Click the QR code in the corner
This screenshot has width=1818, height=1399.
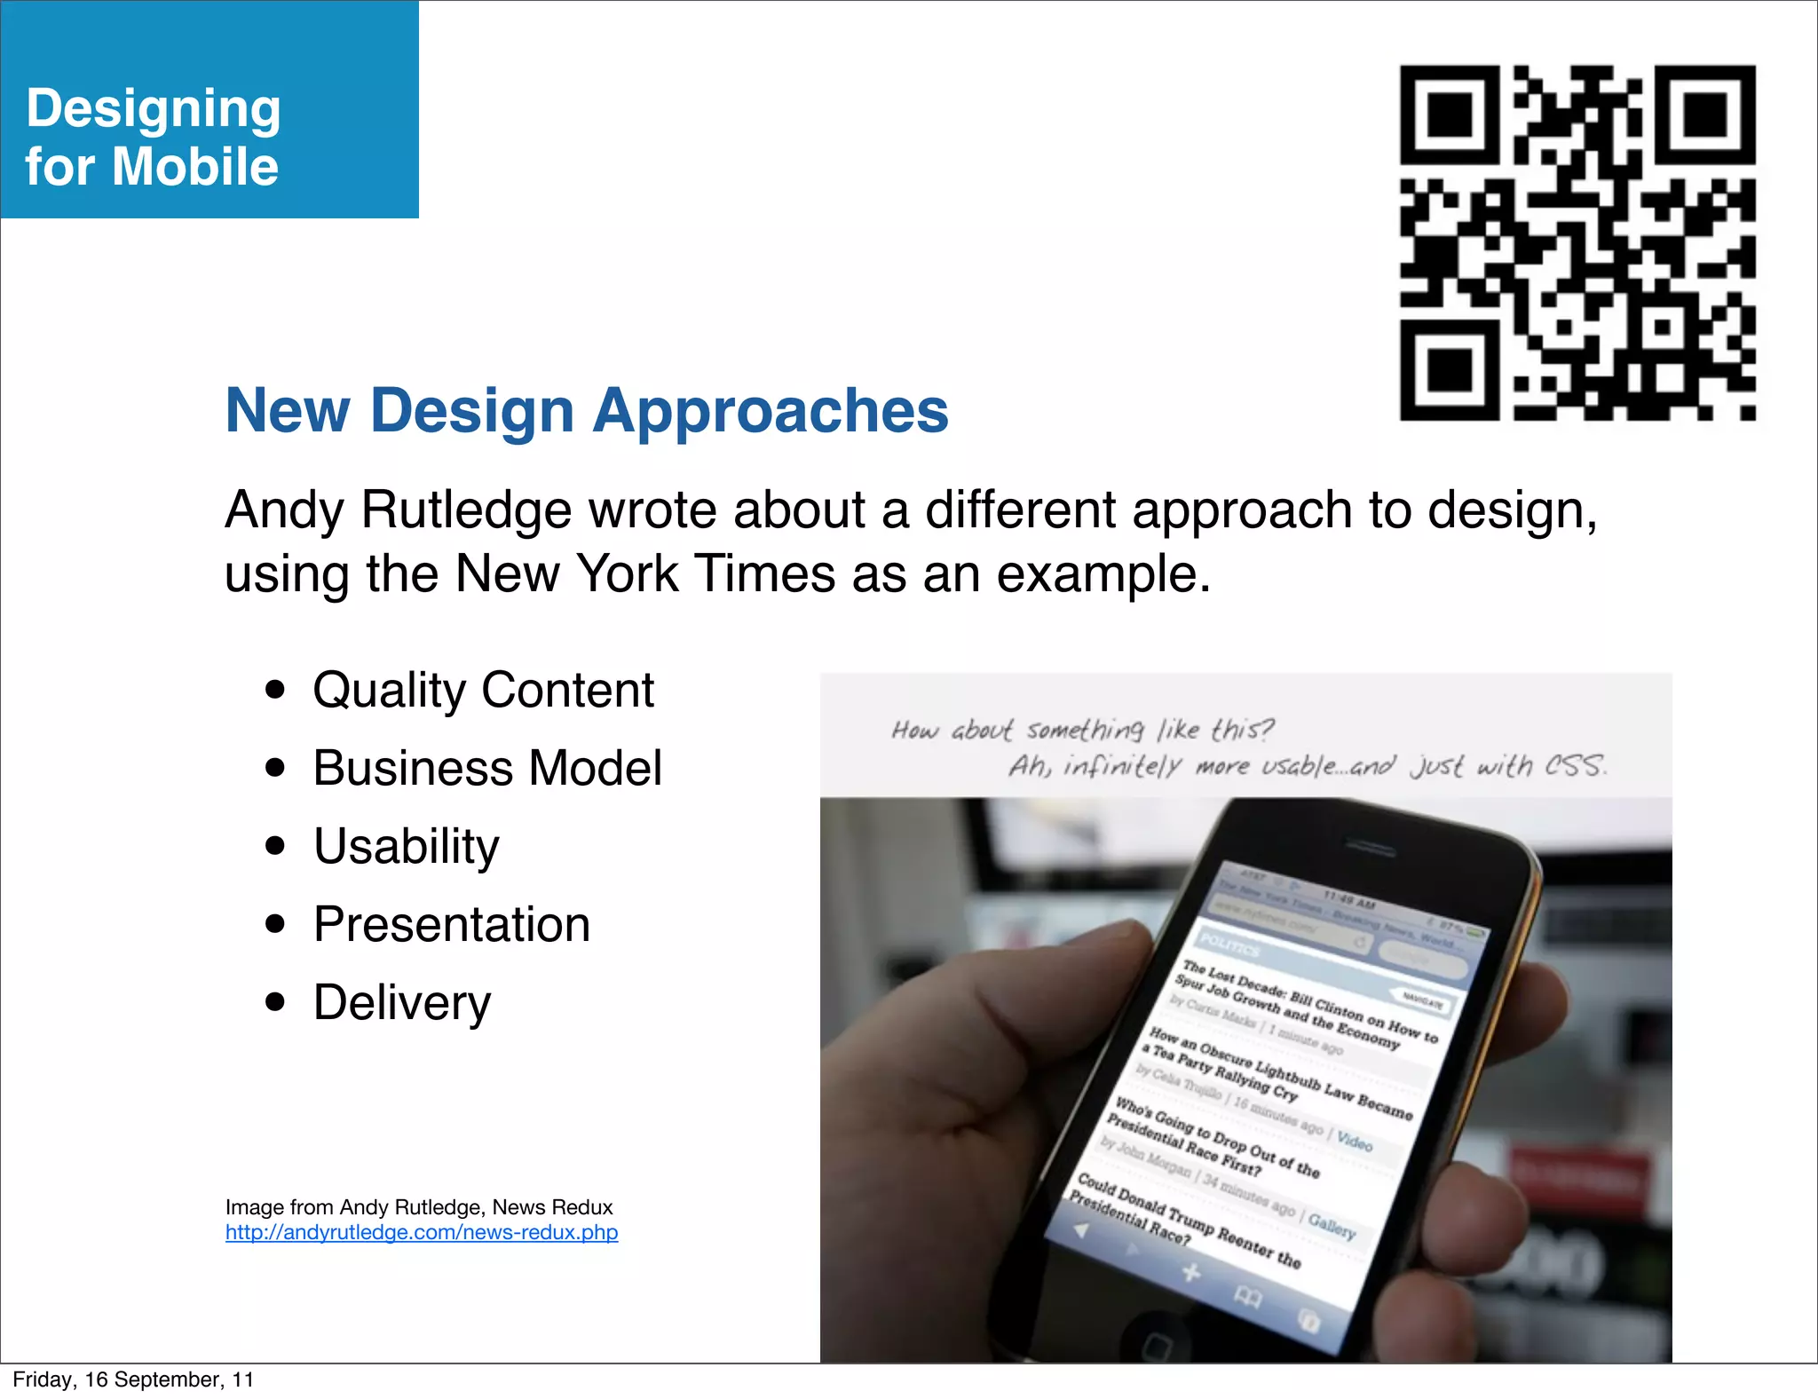point(1577,241)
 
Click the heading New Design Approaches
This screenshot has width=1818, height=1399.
point(587,411)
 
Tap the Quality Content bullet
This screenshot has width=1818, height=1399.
point(483,691)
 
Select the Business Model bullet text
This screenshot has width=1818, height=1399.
point(487,769)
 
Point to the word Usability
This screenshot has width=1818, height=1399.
point(407,846)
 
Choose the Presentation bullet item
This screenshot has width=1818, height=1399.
point(452,924)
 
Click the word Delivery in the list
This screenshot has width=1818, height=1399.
point(402,1003)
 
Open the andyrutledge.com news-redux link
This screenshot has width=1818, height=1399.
point(422,1232)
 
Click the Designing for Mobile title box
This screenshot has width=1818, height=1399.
point(209,110)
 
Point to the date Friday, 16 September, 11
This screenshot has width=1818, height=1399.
point(133,1379)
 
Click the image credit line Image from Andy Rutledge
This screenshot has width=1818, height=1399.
point(418,1207)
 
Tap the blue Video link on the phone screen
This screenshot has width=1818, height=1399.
point(1354,1142)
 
